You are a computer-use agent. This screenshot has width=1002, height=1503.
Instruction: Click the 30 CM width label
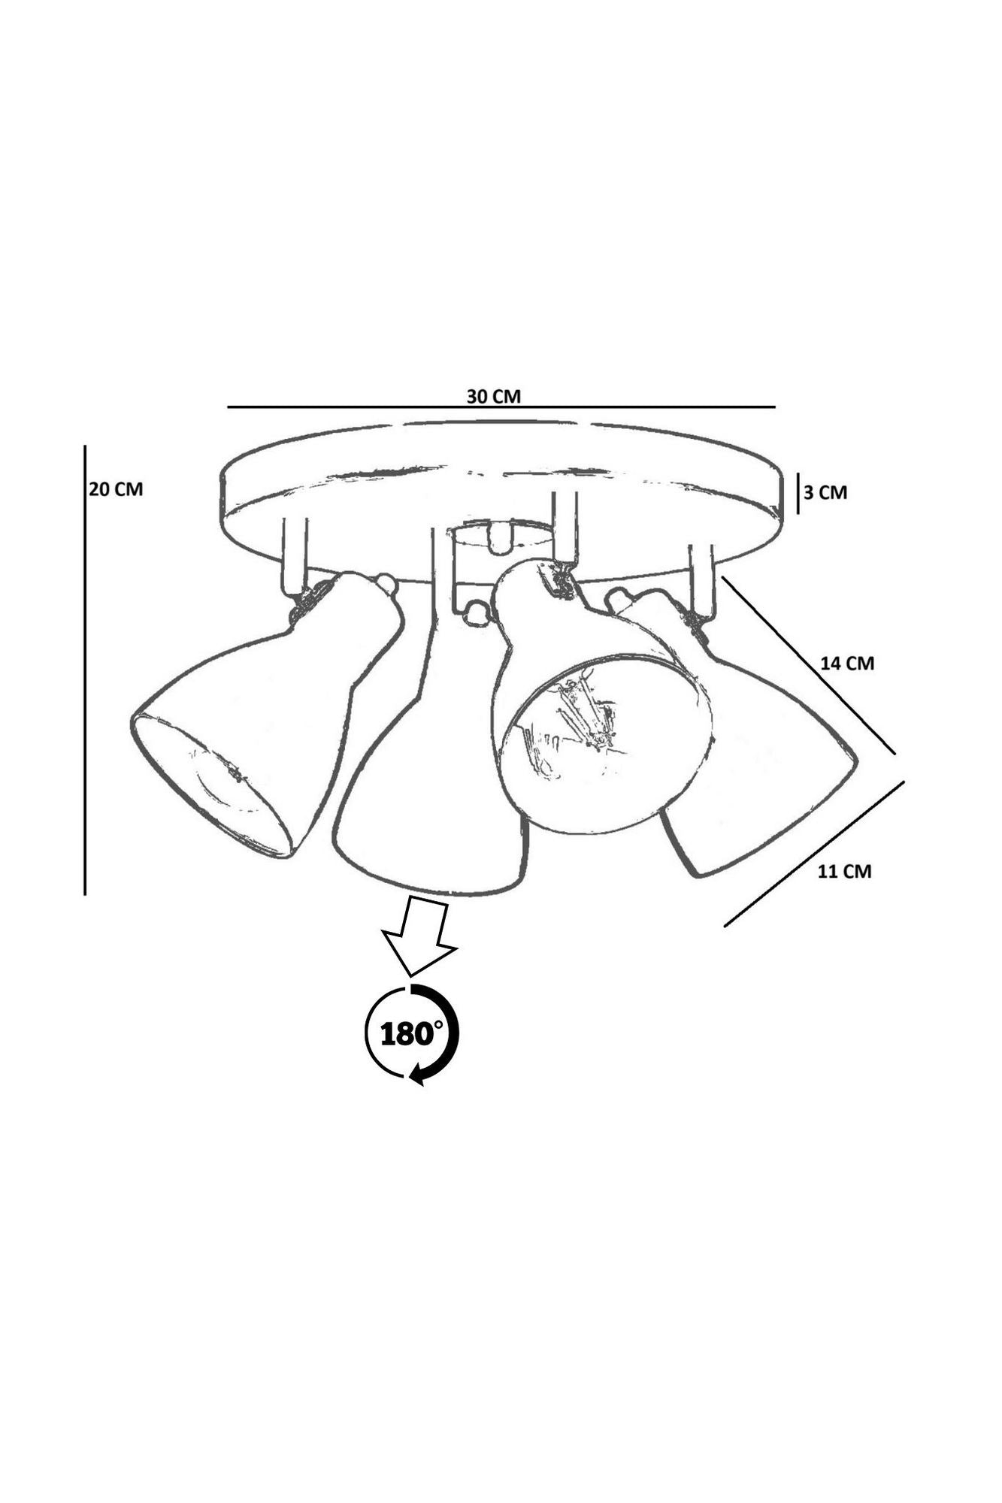point(493,396)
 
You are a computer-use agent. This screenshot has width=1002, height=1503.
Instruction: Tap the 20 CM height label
point(116,489)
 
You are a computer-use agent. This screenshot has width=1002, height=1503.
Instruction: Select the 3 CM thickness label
point(825,493)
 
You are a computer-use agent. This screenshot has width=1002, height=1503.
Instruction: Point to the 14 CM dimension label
point(848,664)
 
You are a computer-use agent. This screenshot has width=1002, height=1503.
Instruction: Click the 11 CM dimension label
point(845,872)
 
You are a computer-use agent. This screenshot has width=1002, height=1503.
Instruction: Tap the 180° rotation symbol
point(411,1034)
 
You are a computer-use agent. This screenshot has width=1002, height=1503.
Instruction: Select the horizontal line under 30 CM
point(501,407)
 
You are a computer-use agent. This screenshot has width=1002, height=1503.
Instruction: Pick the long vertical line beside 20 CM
point(85,670)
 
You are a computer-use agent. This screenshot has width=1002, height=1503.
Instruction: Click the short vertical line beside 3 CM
point(798,493)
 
